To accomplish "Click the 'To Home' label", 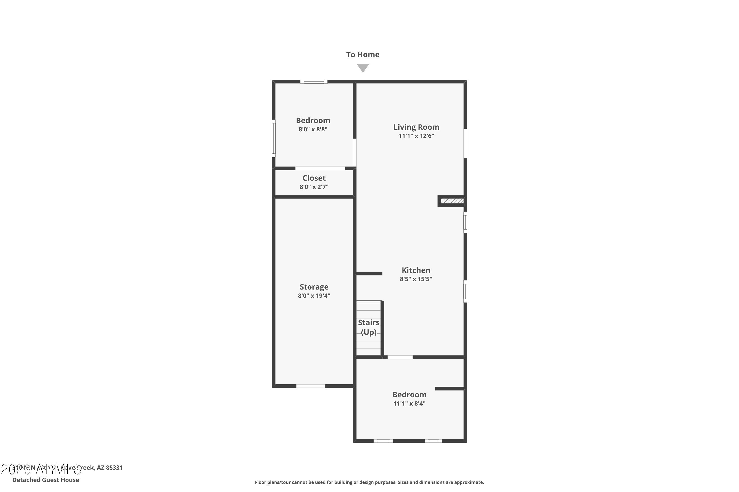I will (x=363, y=55).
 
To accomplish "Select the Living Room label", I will (x=416, y=127).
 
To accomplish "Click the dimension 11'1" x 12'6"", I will (x=416, y=136).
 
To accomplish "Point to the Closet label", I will (x=314, y=178).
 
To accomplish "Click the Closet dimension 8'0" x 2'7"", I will (x=314, y=187).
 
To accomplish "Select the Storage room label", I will (x=314, y=287).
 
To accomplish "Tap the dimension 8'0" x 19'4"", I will (x=314, y=296).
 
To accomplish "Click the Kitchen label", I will (x=416, y=270).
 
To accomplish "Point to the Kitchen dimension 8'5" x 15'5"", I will (x=416, y=279).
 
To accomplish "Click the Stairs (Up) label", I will (x=369, y=327).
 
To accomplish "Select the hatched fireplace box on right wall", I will (x=452, y=201).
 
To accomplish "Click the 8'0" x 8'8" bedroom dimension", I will (x=313, y=129).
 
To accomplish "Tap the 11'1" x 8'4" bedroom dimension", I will (x=409, y=403).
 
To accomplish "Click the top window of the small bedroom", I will (x=314, y=82).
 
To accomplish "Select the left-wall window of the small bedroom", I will (x=273, y=138).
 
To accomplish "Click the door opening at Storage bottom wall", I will (x=310, y=386).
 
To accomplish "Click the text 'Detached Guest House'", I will (x=46, y=480).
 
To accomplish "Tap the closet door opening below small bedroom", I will (x=320, y=169).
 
